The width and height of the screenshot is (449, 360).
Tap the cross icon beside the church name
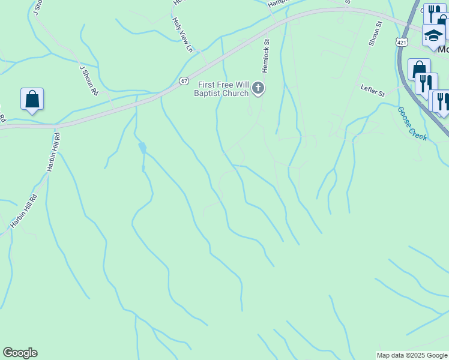pyautogui.click(x=258, y=89)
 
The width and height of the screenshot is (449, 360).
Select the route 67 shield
pyautogui.click(x=184, y=81)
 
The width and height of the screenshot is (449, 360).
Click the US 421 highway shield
pyautogui.click(x=402, y=42)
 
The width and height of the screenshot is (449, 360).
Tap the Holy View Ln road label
pyautogui.click(x=184, y=34)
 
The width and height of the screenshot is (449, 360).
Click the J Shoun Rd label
pyautogui.click(x=88, y=80)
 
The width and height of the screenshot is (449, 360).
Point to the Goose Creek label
pyautogui.click(x=412, y=124)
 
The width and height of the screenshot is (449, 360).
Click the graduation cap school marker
pyautogui.click(x=433, y=35)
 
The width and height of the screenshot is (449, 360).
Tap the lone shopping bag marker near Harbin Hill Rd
pyautogui.click(x=32, y=99)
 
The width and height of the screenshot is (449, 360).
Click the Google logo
pyautogui.click(x=20, y=353)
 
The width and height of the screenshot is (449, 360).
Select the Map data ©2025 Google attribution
pyautogui.click(x=412, y=355)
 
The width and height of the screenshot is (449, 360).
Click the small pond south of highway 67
pyautogui.click(x=142, y=147)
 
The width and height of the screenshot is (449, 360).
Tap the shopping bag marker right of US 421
pyautogui.click(x=419, y=68)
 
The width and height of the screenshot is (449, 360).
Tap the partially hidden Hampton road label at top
pyautogui.click(x=279, y=3)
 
